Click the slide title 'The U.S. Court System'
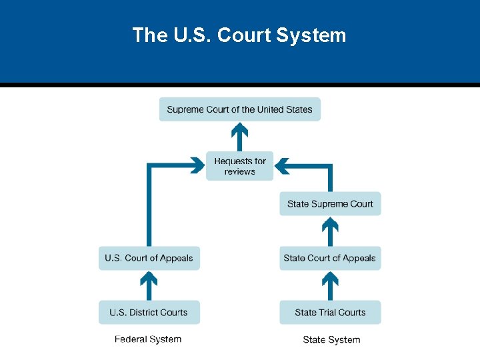[239, 35]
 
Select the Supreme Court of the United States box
[239, 109]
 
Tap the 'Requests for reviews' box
[239, 166]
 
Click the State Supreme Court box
[330, 204]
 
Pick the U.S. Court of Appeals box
[149, 258]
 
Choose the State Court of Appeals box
[330, 258]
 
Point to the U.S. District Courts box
[149, 312]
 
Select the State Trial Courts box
[330, 312]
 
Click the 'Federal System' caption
[148, 339]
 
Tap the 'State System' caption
[331, 340]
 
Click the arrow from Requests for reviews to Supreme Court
[239, 137]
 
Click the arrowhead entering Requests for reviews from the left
[197, 165]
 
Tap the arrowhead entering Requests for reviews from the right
[282, 165]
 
